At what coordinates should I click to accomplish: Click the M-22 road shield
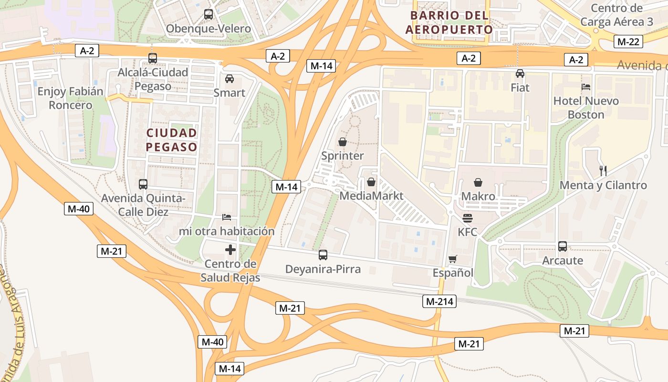pos(628,42)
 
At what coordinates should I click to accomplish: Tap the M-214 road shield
pos(439,301)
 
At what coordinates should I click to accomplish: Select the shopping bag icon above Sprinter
pos(342,142)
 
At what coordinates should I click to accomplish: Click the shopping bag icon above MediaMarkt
pos(371,182)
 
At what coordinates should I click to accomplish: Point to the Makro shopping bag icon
pos(478,182)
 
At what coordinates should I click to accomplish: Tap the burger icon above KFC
pos(468,218)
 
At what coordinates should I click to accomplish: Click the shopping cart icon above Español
pos(452,259)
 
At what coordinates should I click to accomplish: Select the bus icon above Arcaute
pos(563,246)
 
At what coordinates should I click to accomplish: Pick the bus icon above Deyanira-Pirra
pos(323,255)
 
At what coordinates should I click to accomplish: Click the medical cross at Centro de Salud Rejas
pos(230,250)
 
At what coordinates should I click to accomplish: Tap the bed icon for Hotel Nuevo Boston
pos(586,87)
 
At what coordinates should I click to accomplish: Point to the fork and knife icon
pos(603,170)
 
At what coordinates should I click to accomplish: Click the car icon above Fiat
pos(520,74)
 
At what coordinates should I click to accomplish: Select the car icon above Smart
pos(230,79)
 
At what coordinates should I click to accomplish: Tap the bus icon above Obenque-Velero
pos(209,14)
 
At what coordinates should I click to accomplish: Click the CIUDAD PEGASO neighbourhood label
pos(172,139)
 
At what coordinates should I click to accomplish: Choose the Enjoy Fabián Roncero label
pos(71,98)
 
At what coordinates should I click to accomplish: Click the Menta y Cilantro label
pos(603,185)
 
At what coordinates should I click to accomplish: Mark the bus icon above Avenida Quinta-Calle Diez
pos(143,184)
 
